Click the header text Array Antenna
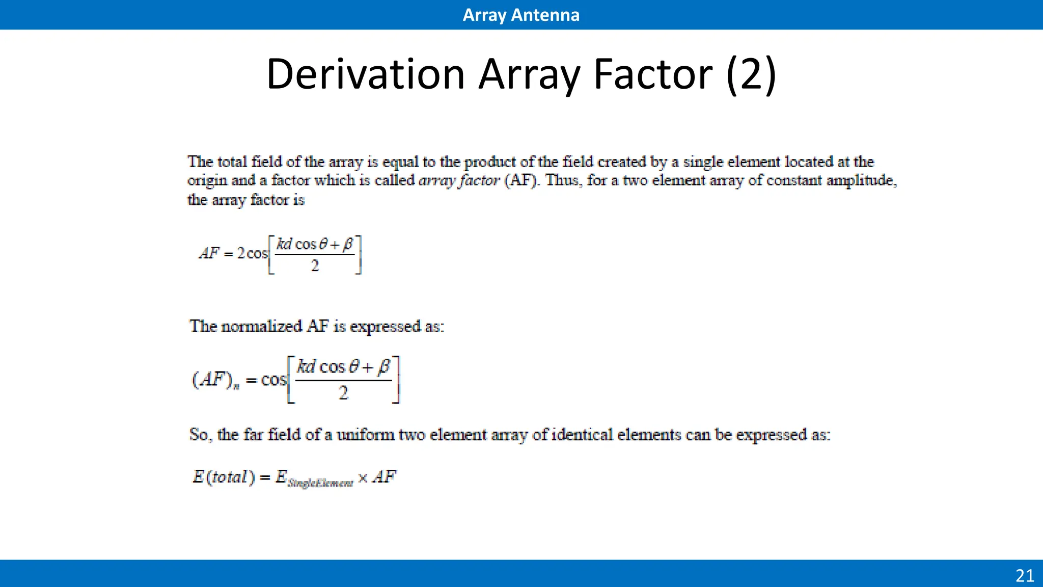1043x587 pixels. click(521, 15)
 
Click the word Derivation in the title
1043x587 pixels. click(365, 74)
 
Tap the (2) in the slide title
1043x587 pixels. click(751, 74)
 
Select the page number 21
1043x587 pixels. click(1025, 576)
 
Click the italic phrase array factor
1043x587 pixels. click(459, 180)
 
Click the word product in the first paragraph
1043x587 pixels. click(490, 162)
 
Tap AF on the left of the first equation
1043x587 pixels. click(209, 253)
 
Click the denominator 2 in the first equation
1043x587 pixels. click(315, 265)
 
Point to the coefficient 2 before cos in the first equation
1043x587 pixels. click(241, 253)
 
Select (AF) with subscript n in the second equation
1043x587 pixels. click(215, 380)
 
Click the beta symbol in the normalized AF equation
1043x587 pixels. click(385, 366)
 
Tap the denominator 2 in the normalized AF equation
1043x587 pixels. click(343, 392)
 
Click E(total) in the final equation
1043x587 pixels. click(224, 477)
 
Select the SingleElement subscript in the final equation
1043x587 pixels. click(320, 483)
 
